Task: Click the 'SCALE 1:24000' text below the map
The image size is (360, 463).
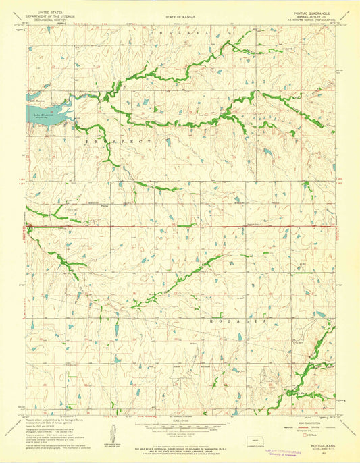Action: (179, 423)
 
